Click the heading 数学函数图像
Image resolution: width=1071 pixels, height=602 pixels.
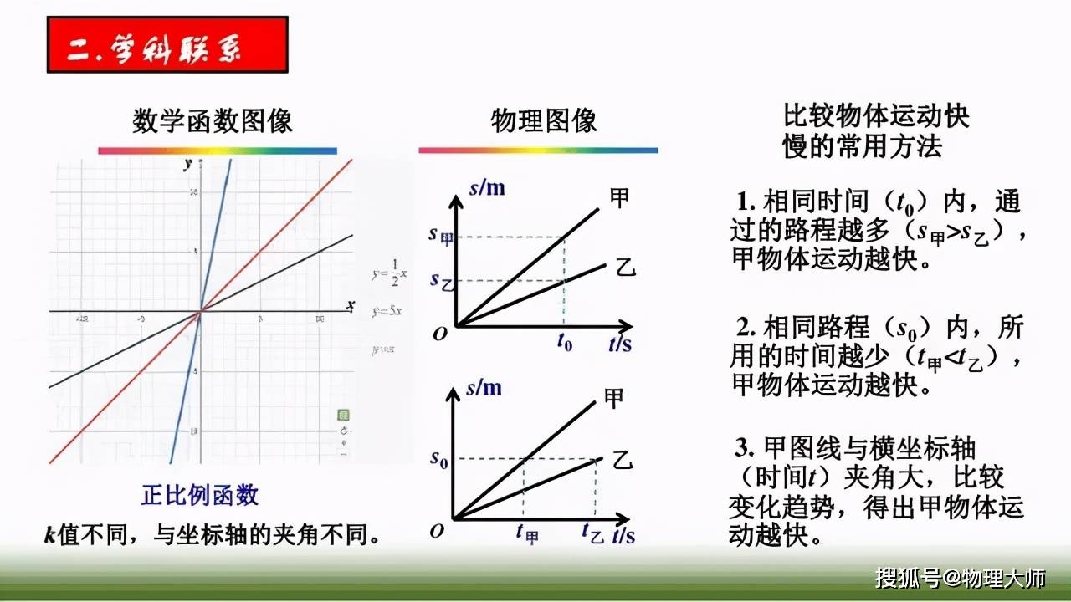coord(213,121)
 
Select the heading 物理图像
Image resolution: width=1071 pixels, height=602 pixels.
coord(544,121)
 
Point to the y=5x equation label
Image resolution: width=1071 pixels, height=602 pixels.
coord(387,311)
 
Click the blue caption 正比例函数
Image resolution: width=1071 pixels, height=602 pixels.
coord(200,495)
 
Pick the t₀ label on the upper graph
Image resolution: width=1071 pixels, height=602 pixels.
coord(565,343)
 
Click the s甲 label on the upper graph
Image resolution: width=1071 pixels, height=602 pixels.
coord(440,235)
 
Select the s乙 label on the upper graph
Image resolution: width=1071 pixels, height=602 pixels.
coord(440,280)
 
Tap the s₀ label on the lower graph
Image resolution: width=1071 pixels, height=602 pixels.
coord(438,458)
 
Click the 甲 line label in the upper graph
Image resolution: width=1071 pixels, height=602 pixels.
coord(619,198)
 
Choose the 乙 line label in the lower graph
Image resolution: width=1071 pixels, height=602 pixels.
coord(621,459)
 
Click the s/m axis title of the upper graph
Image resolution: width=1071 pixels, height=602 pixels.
coord(486,187)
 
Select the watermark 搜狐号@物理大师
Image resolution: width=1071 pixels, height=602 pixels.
coord(961,577)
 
